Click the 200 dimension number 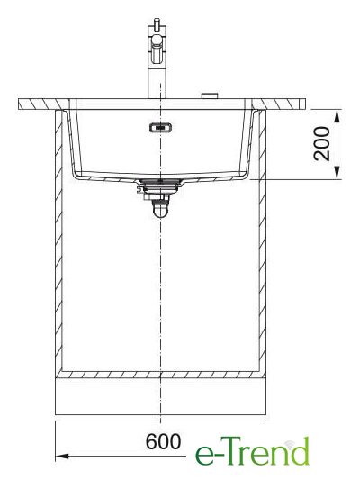pyautogui.click(x=322, y=143)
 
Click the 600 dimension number pyautogui.click(x=163, y=442)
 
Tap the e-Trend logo pyautogui.click(x=252, y=451)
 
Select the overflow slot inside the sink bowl pyautogui.click(x=160, y=127)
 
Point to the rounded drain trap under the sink pyautogui.click(x=160, y=210)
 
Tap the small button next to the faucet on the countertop pyautogui.click(x=210, y=95)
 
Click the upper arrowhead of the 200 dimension pyautogui.click(x=337, y=116)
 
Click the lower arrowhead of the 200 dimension pyautogui.click(x=337, y=173)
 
